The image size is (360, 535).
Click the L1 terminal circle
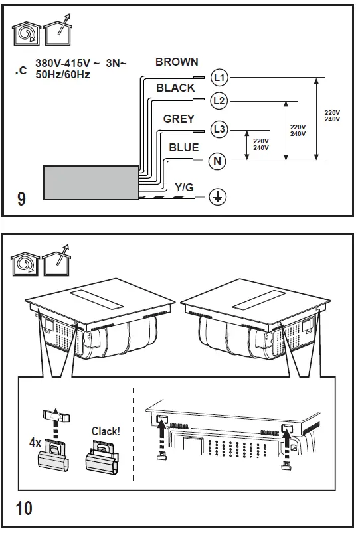point(219,78)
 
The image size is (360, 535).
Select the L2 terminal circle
point(219,102)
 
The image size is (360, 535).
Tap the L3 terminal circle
point(219,129)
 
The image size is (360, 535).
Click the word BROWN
point(177,62)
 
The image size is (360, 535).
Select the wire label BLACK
point(175,88)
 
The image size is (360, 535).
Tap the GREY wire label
point(179,119)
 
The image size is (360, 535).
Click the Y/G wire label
point(184,188)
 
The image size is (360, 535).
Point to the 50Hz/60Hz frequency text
point(64,74)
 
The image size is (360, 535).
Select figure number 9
point(21,199)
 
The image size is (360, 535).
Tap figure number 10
point(23,510)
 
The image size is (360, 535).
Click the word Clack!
point(106,431)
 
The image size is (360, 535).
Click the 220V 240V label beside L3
point(261,144)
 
